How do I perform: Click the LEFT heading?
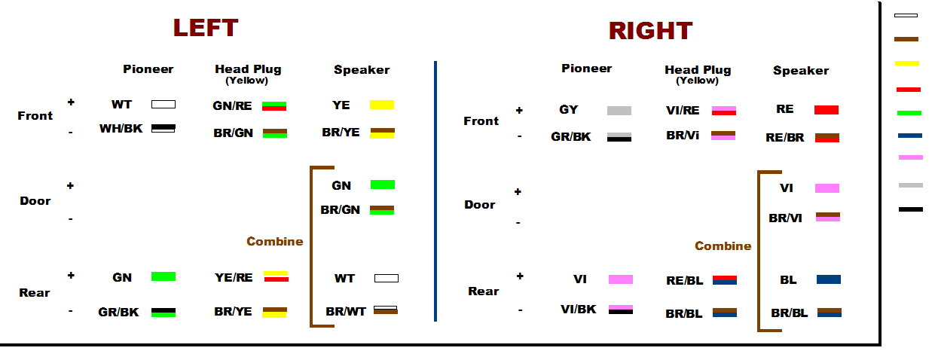[206, 28]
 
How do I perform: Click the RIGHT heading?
[650, 31]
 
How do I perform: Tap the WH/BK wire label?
[121, 129]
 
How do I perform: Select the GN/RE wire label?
[232, 106]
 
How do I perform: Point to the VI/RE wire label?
[683, 111]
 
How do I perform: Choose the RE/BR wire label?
[785, 138]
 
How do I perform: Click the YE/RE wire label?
[234, 278]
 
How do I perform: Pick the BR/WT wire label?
[346, 312]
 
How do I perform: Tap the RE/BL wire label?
[685, 281]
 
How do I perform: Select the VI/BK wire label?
[578, 310]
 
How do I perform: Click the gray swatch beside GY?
[619, 111]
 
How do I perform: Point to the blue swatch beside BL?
[829, 279]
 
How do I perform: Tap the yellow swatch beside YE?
[382, 105]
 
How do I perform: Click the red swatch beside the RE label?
[827, 110]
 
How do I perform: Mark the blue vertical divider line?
[435, 191]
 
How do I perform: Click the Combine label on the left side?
[275, 242]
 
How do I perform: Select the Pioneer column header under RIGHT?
[586, 69]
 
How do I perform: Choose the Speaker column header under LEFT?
[362, 69]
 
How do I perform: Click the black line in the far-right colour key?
[911, 209]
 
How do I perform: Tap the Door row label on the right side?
[480, 205]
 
